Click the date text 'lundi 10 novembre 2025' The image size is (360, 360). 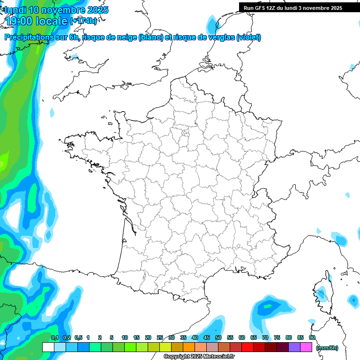coord(56,10)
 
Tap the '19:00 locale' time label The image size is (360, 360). coord(37,21)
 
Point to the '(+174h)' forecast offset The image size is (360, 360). coord(83,21)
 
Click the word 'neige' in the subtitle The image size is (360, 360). coord(126,37)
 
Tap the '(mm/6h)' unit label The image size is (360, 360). coord(327,348)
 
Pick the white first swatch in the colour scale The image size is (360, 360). coord(48,347)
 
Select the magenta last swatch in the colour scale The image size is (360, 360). coord(306,347)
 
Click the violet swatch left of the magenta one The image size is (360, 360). coord(294,347)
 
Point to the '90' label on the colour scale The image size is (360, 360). coord(312,337)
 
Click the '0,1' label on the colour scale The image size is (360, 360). coord(54,337)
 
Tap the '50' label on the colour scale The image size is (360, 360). coord(218,337)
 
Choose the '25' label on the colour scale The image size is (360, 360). coord(160,337)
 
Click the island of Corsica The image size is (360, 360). coord(322,292)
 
